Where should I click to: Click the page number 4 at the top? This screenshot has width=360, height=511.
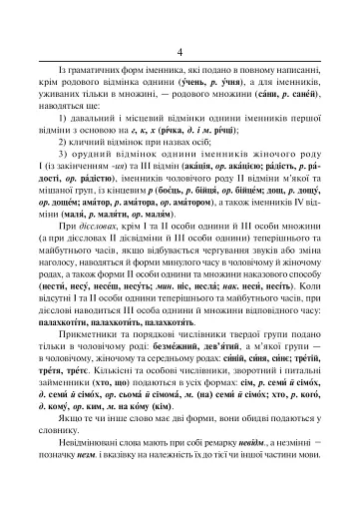tap(180, 51)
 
